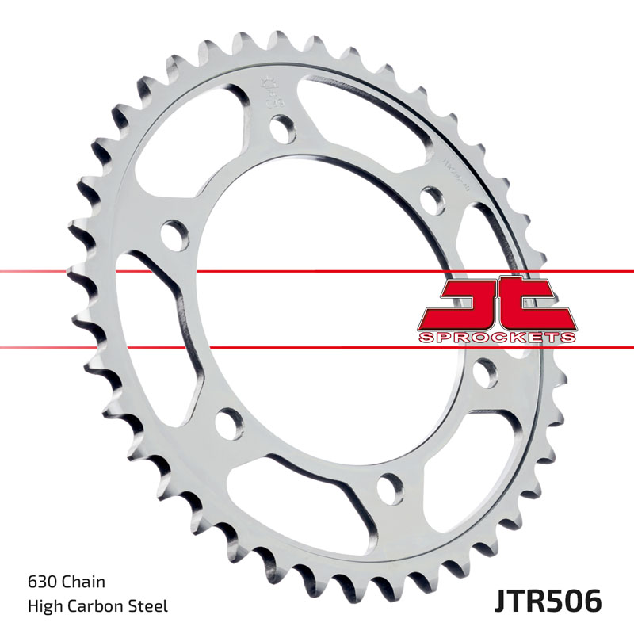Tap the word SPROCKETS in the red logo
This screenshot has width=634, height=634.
tap(497, 338)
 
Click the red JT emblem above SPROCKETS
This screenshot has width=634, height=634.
tap(497, 304)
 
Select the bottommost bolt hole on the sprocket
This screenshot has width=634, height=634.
tap(389, 486)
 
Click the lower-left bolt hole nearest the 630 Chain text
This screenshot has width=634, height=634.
tap(228, 423)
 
